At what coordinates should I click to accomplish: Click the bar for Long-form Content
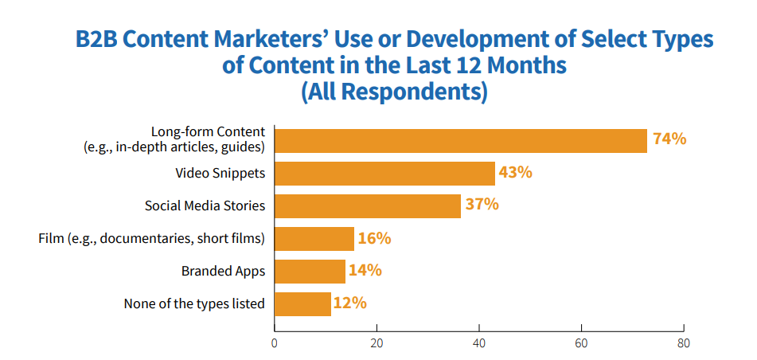click(460, 140)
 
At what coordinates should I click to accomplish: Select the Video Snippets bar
click(384, 173)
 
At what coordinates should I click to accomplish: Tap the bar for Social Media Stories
click(367, 205)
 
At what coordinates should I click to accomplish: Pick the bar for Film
click(314, 238)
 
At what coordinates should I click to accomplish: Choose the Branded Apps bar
click(310, 271)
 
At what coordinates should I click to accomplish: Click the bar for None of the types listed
click(302, 303)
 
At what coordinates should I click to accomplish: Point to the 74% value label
click(669, 139)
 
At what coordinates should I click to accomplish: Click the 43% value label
click(515, 171)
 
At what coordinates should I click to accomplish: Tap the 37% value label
click(482, 204)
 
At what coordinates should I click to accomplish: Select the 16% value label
click(375, 237)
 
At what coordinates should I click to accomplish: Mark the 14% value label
click(365, 270)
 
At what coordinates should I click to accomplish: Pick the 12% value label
click(350, 303)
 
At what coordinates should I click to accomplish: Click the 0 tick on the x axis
click(275, 344)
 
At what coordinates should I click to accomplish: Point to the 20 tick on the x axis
click(377, 344)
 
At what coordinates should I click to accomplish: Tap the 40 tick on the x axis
click(479, 344)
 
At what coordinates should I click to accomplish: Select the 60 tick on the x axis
click(581, 344)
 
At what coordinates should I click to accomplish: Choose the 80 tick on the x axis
click(684, 344)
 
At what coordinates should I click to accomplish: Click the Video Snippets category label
click(220, 173)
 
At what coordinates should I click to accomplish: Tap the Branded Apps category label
click(223, 271)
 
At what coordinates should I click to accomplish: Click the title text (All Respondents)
click(394, 92)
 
